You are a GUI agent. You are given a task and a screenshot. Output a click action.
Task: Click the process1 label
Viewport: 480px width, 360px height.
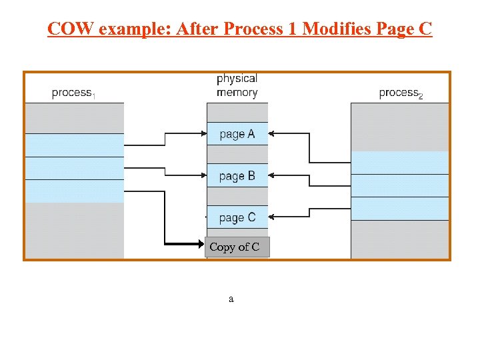(x=73, y=93)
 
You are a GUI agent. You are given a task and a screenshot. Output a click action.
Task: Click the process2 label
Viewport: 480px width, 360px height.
(x=401, y=93)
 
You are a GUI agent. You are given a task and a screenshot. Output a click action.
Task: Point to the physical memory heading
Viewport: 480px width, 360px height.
(x=237, y=85)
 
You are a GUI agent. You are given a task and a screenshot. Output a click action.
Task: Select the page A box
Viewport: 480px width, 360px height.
(x=237, y=134)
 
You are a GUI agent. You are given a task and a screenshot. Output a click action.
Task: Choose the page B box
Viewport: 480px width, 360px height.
(x=237, y=176)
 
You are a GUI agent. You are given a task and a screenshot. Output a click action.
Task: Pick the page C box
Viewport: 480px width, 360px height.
(x=237, y=217)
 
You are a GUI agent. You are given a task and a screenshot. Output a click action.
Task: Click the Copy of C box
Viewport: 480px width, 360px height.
(x=237, y=247)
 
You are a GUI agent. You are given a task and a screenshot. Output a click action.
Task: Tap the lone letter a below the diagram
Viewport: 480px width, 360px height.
(x=231, y=299)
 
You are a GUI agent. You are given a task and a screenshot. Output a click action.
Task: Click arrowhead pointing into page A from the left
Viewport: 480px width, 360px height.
(x=202, y=134)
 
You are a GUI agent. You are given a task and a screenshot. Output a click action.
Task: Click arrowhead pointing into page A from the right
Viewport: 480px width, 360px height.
(x=273, y=134)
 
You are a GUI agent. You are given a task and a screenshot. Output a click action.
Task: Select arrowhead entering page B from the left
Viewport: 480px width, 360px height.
(x=202, y=176)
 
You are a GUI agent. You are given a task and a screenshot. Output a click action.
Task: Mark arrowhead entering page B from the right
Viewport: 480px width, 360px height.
(x=273, y=176)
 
